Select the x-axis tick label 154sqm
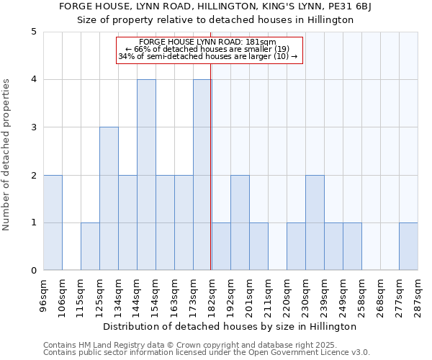coord(156,294)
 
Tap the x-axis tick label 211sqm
coord(269,294)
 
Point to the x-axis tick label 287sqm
coord(418,294)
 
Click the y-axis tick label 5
coord(34,32)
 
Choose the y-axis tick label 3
coord(34,127)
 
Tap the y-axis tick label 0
coord(34,271)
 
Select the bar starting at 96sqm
coord(53,222)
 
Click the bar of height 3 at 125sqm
coord(109,199)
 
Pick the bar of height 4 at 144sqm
coord(146,175)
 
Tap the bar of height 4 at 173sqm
coord(202,175)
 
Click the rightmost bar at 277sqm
coord(408,247)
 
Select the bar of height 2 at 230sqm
coord(315,222)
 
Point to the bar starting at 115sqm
coord(90,247)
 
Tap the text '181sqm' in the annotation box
coord(261,42)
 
